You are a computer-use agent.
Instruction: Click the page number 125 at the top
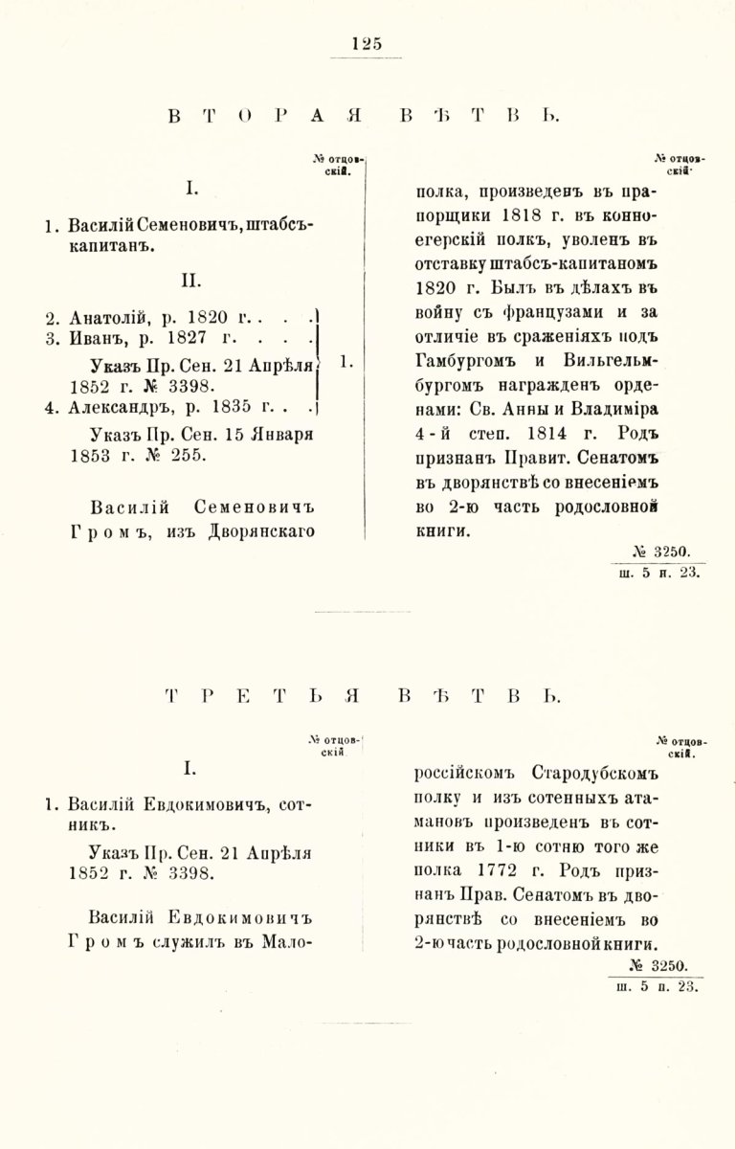[367, 41]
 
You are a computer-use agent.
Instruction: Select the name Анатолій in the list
[107, 316]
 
